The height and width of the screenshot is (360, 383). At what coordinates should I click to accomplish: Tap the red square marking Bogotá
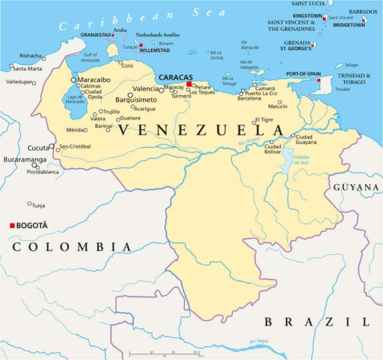pyautogui.click(x=12, y=225)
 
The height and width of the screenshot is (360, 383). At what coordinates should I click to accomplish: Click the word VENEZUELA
pyautogui.click(x=201, y=130)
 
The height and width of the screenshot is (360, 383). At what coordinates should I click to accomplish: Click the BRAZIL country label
pyautogui.click(x=317, y=322)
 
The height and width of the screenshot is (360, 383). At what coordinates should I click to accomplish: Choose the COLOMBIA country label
pyautogui.click(x=72, y=247)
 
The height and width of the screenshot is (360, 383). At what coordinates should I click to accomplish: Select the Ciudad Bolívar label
pyautogui.click(x=273, y=149)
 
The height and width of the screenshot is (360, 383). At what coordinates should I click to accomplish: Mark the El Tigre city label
pyautogui.click(x=264, y=120)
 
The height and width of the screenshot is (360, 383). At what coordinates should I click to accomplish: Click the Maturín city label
pyautogui.click(x=278, y=106)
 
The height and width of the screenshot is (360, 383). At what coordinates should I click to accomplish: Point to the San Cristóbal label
pyautogui.click(x=75, y=147)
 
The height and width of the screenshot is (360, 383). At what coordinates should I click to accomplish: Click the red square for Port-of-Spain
pyautogui.click(x=319, y=80)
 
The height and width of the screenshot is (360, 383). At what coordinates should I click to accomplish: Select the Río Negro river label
pyautogui.click(x=258, y=341)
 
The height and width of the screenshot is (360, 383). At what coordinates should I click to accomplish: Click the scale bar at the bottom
pyautogui.click(x=164, y=354)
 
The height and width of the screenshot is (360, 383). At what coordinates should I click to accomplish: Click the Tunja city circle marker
pyautogui.click(x=29, y=203)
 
